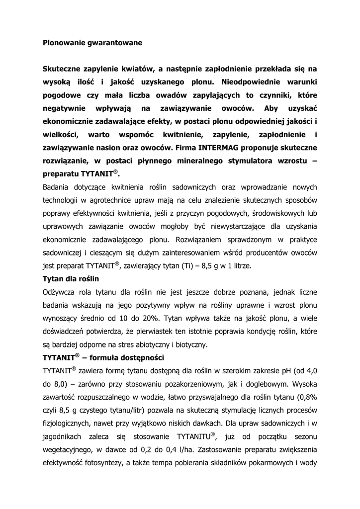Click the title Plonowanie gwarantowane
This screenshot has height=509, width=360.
pos(92,43)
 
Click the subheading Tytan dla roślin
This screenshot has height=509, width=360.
pos(71,278)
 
